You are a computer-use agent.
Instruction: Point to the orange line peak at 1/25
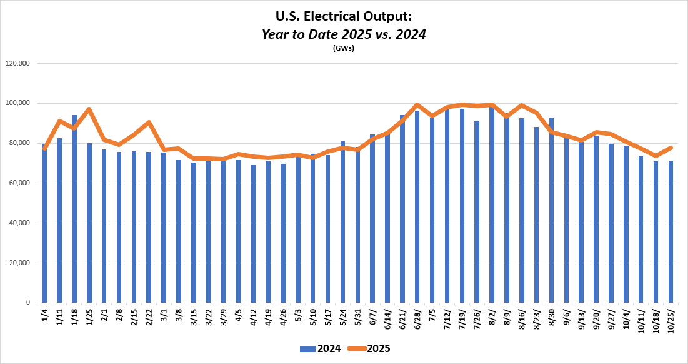[89, 109]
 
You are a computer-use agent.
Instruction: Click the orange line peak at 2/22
[149, 122]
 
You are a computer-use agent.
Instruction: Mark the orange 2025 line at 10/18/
[656, 156]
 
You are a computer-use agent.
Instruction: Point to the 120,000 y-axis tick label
[17, 63]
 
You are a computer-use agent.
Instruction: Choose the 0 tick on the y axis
[28, 303]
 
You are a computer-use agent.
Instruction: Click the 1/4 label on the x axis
[44, 315]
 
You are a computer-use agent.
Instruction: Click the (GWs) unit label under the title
[344, 48]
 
